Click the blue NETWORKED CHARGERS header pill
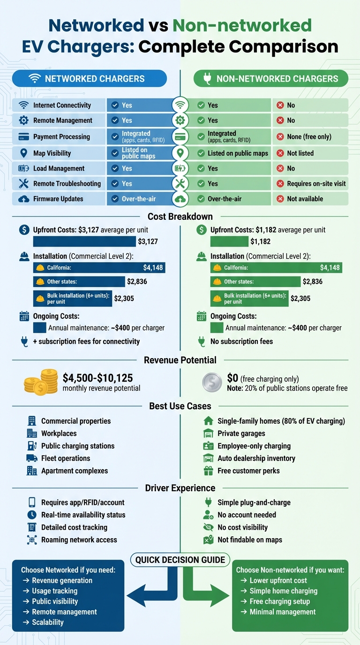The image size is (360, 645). (x=89, y=79)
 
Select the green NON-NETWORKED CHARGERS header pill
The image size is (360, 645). (x=271, y=79)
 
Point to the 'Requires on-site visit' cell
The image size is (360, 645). (x=310, y=184)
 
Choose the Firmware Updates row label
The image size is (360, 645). (x=58, y=199)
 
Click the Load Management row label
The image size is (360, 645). (x=59, y=168)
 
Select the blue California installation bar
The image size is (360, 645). (x=99, y=268)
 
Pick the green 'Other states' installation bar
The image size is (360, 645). (x=255, y=282)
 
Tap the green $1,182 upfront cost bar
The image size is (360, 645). (x=229, y=241)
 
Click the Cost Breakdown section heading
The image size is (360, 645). (x=180, y=217)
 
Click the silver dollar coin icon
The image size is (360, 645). (x=212, y=382)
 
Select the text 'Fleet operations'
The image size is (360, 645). (x=66, y=458)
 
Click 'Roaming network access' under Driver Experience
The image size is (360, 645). (x=78, y=540)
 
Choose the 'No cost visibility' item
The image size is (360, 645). (x=242, y=527)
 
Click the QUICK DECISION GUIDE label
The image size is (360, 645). (x=180, y=560)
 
